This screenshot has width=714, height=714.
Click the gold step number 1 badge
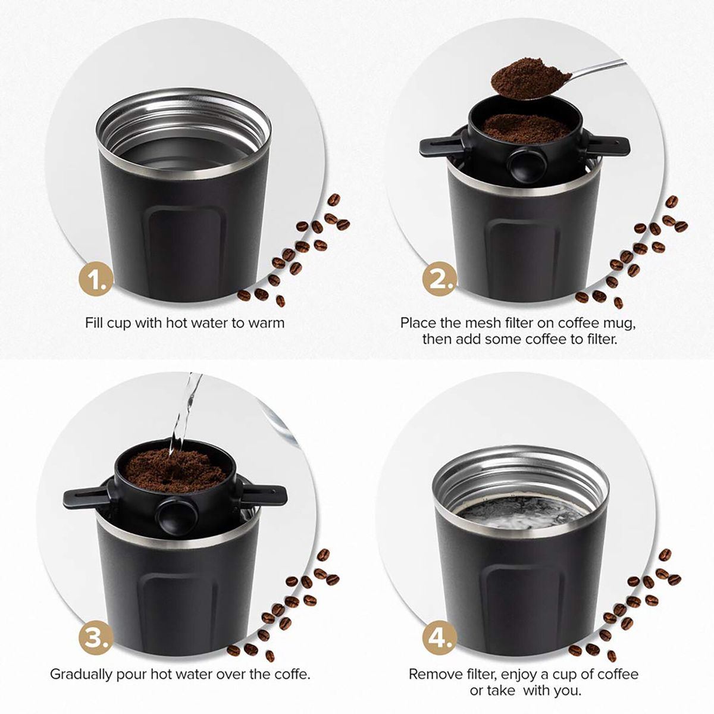[x=95, y=278]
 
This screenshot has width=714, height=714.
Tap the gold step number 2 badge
[x=440, y=278]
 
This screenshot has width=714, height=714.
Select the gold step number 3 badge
[x=95, y=637]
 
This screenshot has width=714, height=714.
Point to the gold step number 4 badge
[x=440, y=637]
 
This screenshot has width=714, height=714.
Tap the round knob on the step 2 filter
[x=524, y=164]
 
